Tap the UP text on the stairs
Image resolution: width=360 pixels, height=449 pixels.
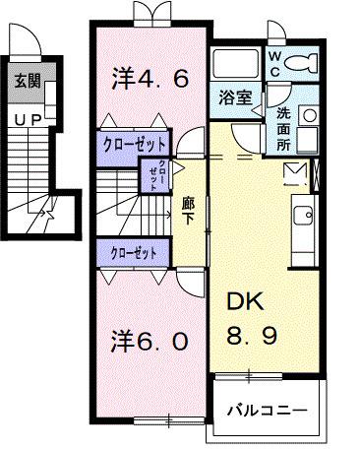point(24,116)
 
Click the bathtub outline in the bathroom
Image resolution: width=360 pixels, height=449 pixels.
point(237,66)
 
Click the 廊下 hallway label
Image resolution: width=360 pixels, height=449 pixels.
point(189,209)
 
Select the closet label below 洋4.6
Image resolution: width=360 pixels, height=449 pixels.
point(135,143)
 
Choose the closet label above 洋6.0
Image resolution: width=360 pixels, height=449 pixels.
point(135,252)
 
